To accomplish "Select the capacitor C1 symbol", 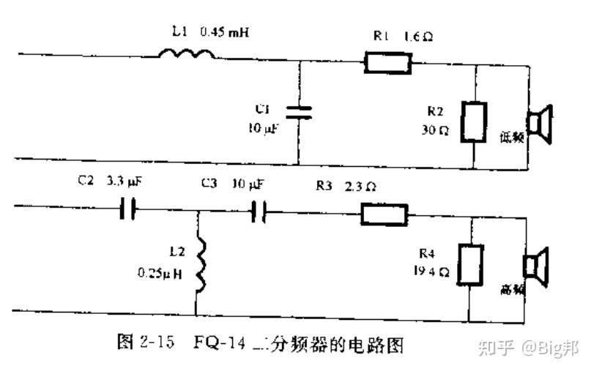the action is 298,111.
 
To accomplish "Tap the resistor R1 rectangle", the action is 389,64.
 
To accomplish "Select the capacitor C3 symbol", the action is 257,212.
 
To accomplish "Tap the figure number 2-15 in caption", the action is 156,343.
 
